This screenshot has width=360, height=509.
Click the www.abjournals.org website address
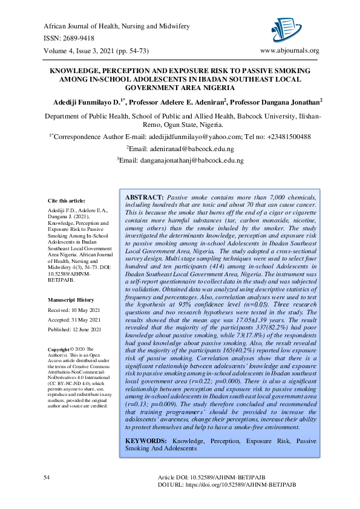[289, 50]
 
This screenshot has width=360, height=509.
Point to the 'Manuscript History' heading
[71, 300]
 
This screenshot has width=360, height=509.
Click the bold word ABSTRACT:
[144, 198]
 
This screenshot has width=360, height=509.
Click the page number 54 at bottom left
[47, 478]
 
